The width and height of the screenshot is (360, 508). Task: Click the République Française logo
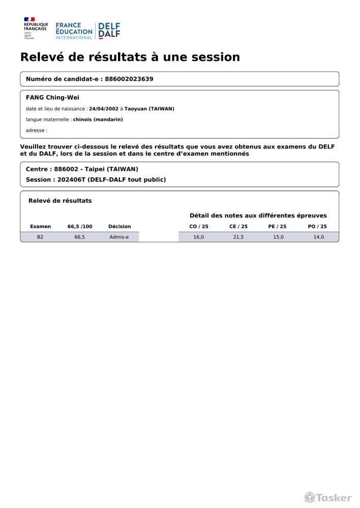pyautogui.click(x=36, y=28)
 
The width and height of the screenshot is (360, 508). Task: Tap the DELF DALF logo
pyautogui.click(x=109, y=30)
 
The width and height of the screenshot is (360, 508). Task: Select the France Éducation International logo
pyautogui.click(x=74, y=30)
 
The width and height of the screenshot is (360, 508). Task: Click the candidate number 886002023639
pyautogui.click(x=129, y=79)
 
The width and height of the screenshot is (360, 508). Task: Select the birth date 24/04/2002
pyautogui.click(x=103, y=109)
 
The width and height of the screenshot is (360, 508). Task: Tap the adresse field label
pyautogui.click(x=36, y=131)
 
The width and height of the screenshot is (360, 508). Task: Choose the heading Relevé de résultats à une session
pyautogui.click(x=130, y=57)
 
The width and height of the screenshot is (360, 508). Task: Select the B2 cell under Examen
pyautogui.click(x=40, y=237)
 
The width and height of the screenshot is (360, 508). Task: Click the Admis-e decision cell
pyautogui.click(x=119, y=237)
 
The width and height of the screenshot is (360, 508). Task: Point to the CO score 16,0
pyautogui.click(x=198, y=237)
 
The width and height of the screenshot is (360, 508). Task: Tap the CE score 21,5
pyautogui.click(x=238, y=237)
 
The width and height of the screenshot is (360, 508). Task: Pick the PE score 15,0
pyautogui.click(x=278, y=237)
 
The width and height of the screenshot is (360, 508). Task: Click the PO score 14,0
pyautogui.click(x=318, y=237)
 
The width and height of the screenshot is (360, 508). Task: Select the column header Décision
pyautogui.click(x=119, y=227)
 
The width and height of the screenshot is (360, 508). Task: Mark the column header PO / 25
pyautogui.click(x=317, y=227)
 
